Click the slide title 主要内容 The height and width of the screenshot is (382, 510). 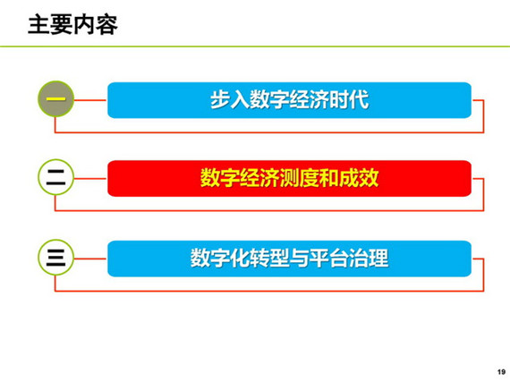pos(72,25)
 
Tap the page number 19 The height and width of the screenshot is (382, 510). pos(501,371)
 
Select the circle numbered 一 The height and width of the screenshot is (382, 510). pos(56,98)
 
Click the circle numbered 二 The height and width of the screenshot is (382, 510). pos(56,177)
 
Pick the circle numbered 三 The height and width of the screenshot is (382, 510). pos(56,258)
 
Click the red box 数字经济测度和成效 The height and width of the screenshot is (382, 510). pos(289,178)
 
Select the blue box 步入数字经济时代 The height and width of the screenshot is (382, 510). pos(289,100)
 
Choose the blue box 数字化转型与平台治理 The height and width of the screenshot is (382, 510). pos(289,259)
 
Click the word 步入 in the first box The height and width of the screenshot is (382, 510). pos(230,99)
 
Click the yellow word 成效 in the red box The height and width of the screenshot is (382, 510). pos(359,178)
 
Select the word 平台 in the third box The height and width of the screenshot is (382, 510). pos(329,259)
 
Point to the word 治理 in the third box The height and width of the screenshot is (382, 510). pos(369,259)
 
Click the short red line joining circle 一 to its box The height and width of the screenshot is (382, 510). pos(90,100)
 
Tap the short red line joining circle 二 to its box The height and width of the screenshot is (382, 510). pos(90,179)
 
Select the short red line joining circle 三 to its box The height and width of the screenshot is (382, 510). pos(90,259)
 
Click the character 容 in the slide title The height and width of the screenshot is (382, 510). pos(106,25)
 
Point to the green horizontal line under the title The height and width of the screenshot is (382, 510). pos(255,47)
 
